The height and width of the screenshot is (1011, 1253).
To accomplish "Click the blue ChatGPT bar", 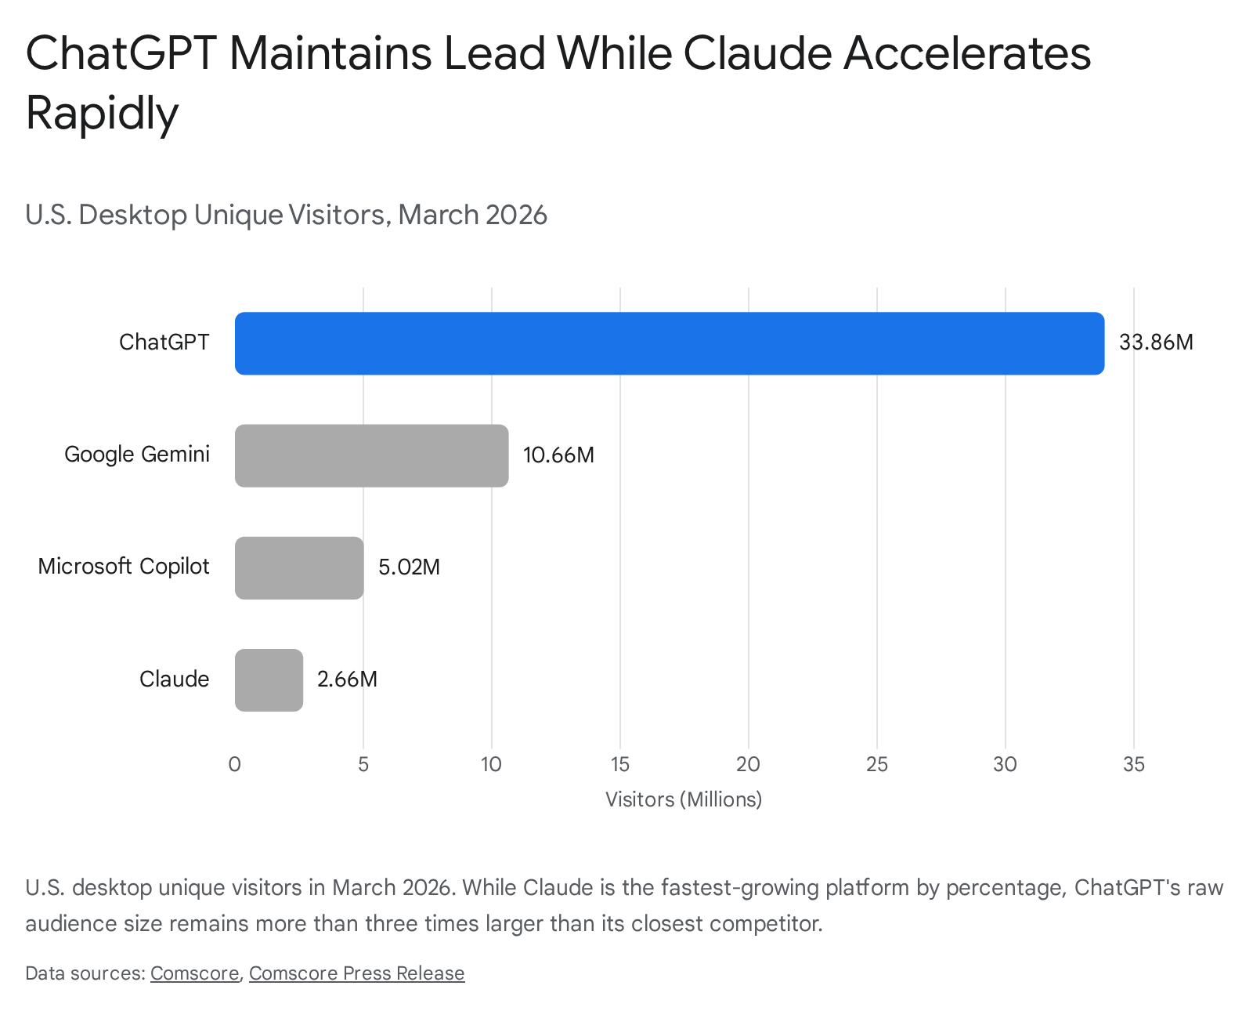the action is point(670,343).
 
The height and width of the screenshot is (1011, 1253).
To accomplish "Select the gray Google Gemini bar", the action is point(371,455).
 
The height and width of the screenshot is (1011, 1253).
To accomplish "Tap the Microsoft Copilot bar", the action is point(299,568).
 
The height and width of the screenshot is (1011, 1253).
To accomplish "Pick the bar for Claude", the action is point(269,680).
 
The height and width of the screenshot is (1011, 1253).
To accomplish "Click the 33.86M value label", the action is point(1156,342).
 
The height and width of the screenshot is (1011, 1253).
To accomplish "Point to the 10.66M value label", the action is point(558,455).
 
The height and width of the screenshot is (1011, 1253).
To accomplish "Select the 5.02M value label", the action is point(409,567).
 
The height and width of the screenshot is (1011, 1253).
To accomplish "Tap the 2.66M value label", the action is point(347,679).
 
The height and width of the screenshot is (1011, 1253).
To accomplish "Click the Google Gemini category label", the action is point(137,454).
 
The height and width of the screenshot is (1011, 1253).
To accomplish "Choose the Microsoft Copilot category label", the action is point(124,567).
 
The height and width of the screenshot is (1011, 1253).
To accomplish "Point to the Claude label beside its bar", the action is point(174,679).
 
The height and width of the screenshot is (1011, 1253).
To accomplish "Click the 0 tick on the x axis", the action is point(235,764).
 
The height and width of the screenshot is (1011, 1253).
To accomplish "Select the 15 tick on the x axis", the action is point(620,764).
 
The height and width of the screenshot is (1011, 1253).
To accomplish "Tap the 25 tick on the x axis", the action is point(877,764).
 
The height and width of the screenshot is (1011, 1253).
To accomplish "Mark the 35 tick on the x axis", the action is point(1134,764).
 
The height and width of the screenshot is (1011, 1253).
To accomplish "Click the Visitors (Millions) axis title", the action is point(684,799).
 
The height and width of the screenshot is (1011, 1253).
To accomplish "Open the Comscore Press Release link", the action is point(357,973).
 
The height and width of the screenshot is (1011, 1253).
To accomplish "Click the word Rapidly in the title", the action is point(102,114).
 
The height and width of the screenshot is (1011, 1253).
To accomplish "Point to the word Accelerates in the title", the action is point(966,53).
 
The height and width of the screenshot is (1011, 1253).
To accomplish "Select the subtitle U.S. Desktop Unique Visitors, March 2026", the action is point(286,215).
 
